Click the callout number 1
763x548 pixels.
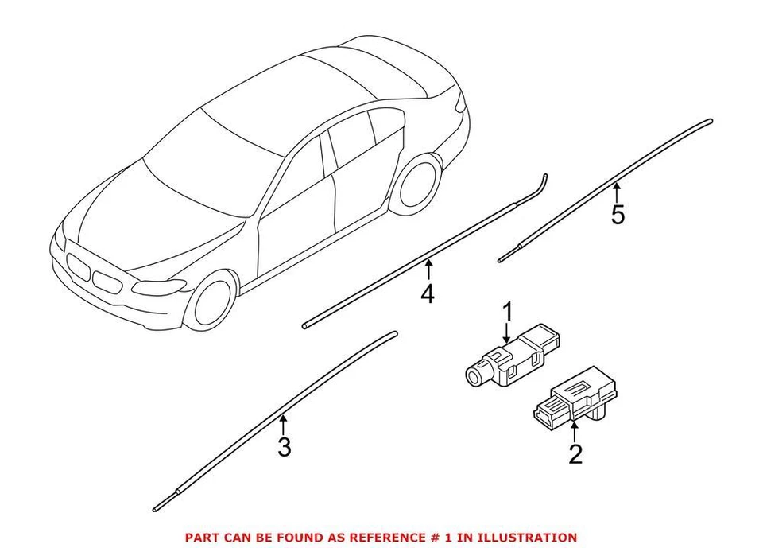coord(506,311)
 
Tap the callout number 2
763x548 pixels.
coord(575,454)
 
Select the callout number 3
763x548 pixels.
coord(285,447)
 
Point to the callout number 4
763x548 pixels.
coord(428,293)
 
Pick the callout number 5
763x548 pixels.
coord(618,215)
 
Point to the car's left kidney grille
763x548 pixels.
coord(78,265)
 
